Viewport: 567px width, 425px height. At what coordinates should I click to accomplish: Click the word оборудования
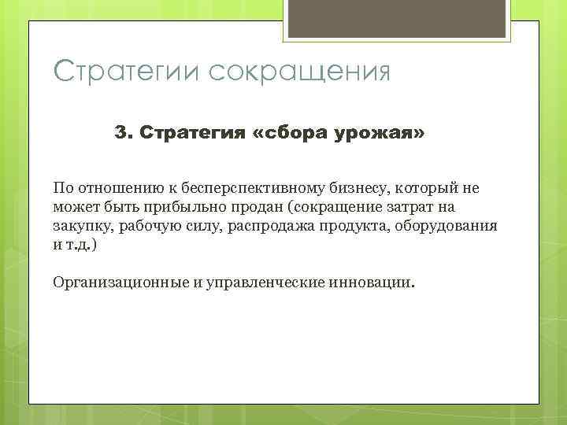(453, 226)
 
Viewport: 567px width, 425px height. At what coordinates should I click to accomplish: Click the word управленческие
(257, 281)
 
